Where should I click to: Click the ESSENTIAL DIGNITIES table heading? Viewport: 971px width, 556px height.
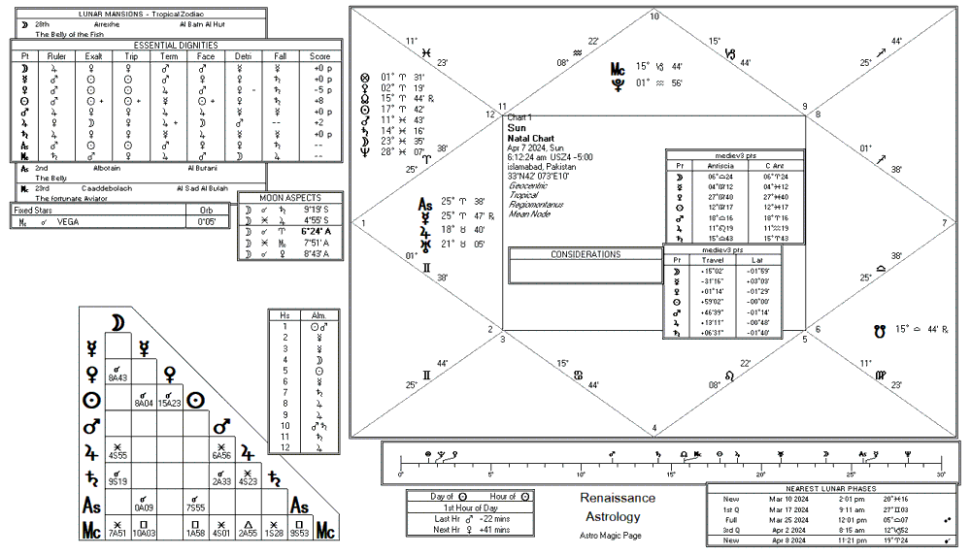click(x=176, y=45)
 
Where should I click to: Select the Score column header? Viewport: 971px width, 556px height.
click(x=321, y=57)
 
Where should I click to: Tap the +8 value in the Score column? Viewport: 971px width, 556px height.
click(x=321, y=100)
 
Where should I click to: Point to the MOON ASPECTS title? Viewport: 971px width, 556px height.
click(x=291, y=198)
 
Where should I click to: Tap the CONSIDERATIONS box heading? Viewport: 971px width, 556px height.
click(x=585, y=254)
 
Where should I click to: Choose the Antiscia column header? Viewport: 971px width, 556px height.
click(x=722, y=165)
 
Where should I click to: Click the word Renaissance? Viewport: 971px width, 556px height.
click(x=618, y=498)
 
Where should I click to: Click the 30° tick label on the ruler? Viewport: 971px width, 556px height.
click(x=941, y=474)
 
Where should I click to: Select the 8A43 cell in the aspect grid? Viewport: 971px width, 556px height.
click(x=118, y=376)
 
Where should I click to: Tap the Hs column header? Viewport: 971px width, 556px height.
click(x=285, y=316)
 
